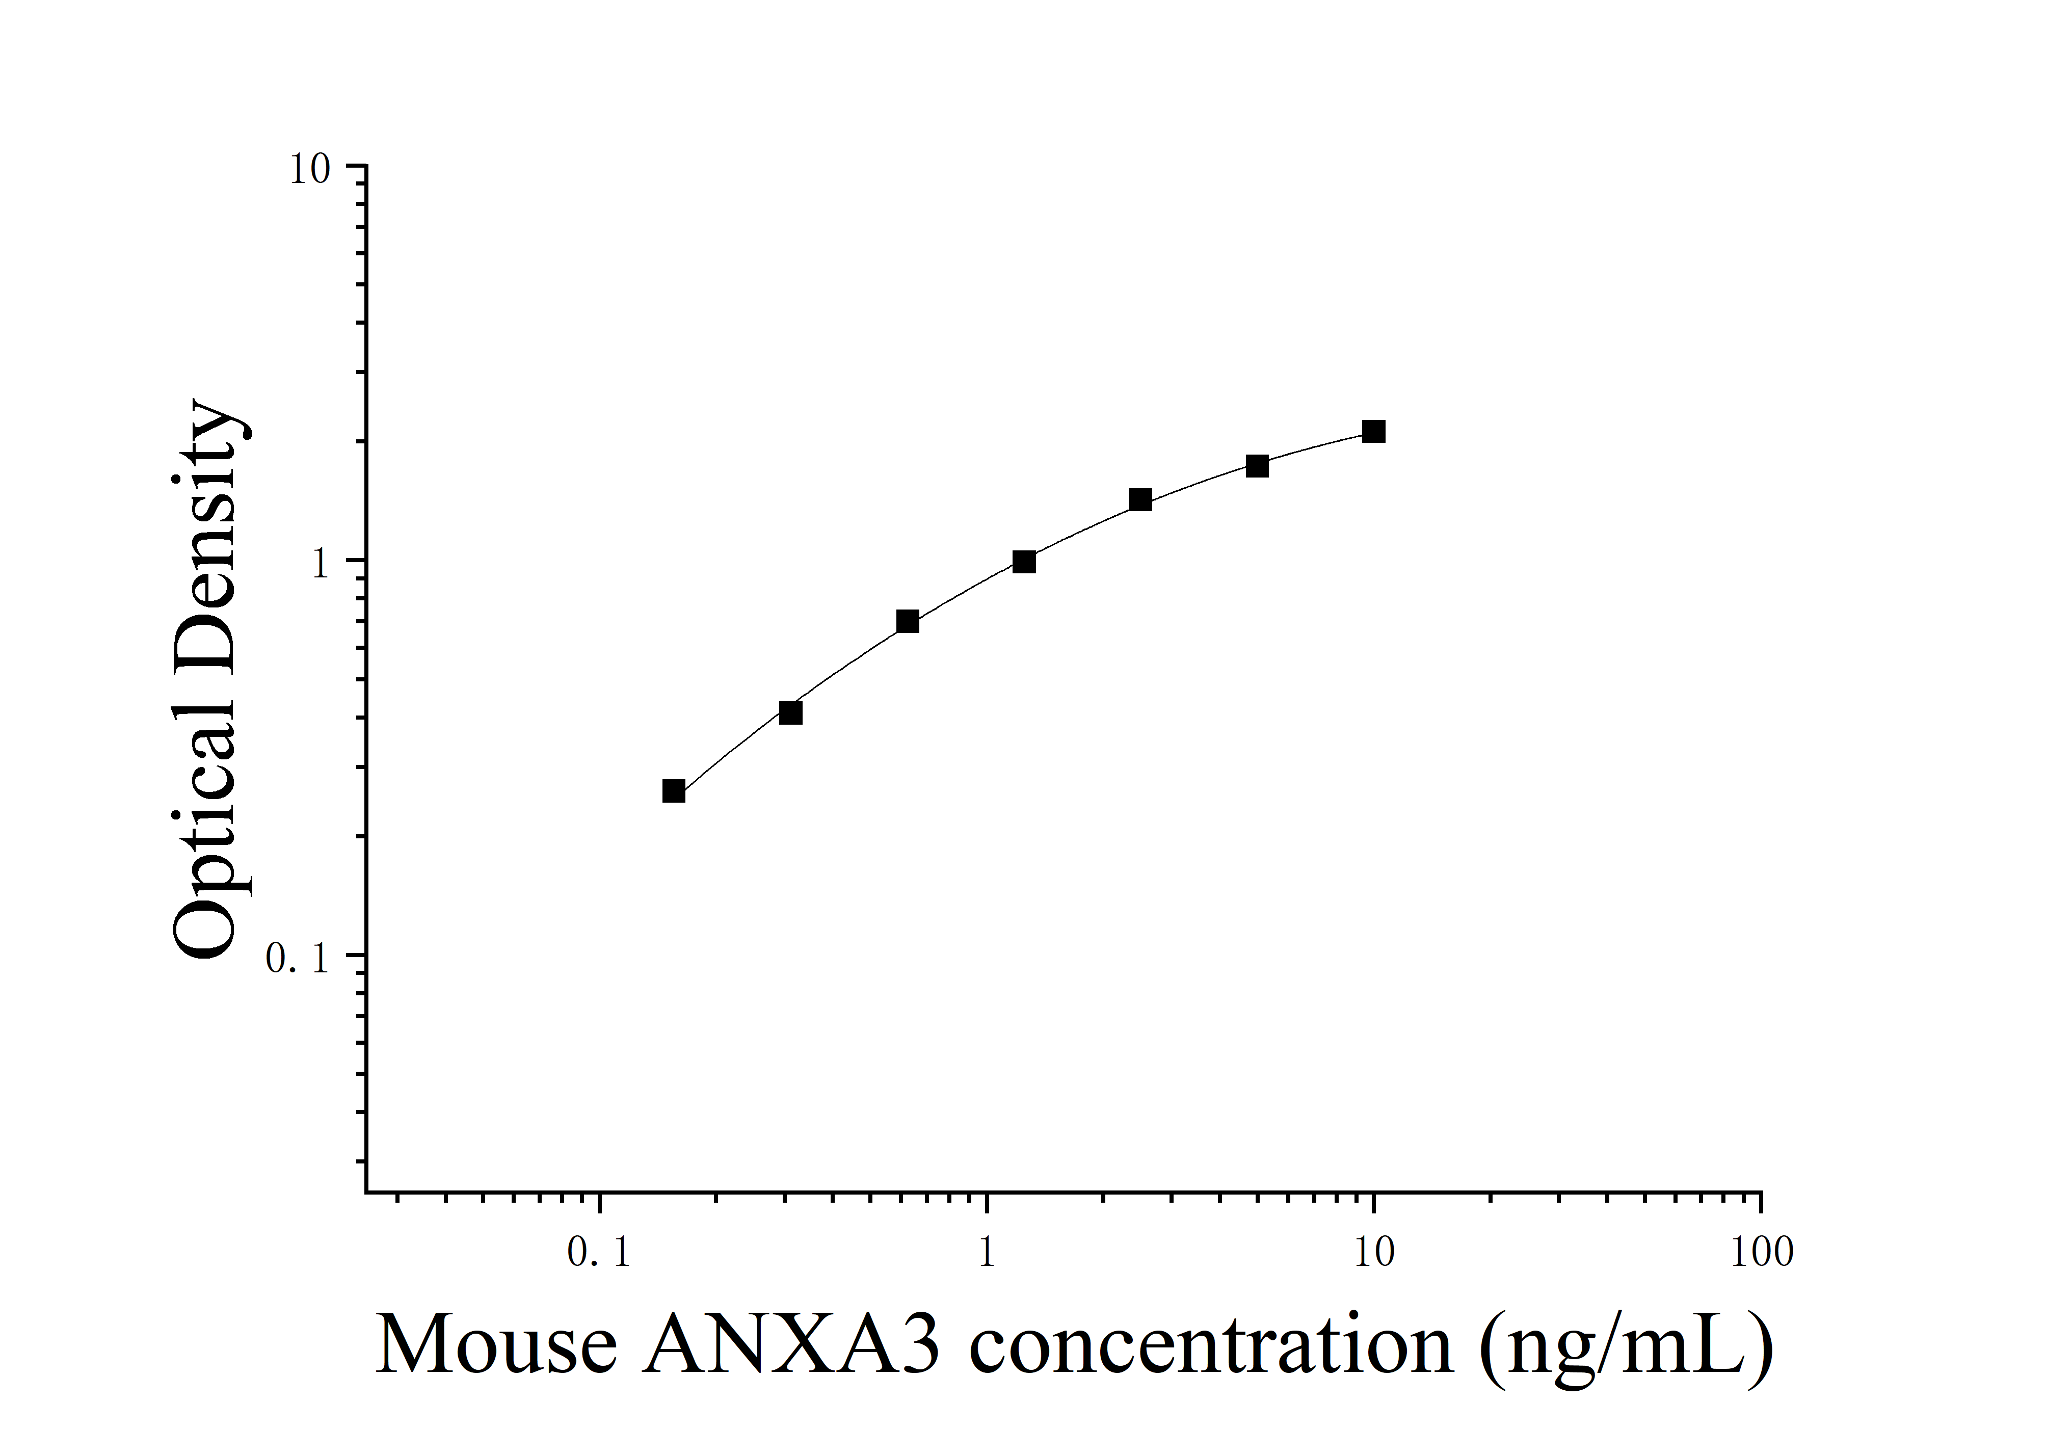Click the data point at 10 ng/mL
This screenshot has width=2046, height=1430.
[x=1373, y=432]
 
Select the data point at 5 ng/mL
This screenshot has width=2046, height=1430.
[x=1257, y=466]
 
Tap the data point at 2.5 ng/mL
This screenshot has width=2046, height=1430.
[x=1140, y=500]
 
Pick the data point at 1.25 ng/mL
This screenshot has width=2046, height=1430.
[x=1024, y=562]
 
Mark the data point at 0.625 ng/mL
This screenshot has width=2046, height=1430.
[x=907, y=622]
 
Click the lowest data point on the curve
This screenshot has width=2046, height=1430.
[x=674, y=791]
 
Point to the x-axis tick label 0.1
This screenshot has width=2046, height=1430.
[x=599, y=1253]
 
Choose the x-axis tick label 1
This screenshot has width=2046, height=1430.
[x=987, y=1253]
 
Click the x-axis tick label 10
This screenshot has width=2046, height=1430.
[x=1373, y=1253]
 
